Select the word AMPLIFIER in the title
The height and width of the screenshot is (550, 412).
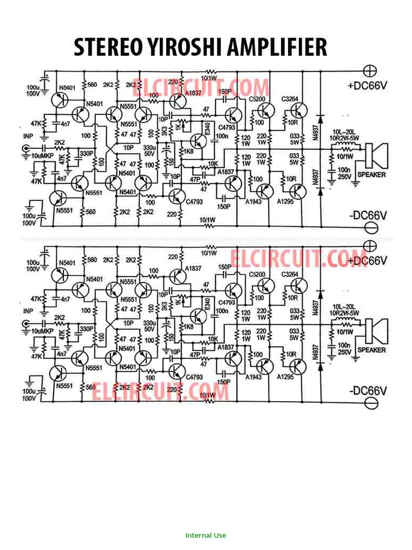point(277,48)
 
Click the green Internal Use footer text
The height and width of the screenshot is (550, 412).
point(206,535)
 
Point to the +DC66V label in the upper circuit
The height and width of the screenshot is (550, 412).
point(367,85)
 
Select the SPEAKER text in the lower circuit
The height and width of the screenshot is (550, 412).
point(371,350)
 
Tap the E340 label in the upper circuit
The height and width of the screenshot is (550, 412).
point(207,129)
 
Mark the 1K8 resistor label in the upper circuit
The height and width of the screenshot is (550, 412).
point(188,152)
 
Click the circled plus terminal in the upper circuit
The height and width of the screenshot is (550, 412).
point(370,70)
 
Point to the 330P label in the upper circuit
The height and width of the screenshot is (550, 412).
point(86,154)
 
